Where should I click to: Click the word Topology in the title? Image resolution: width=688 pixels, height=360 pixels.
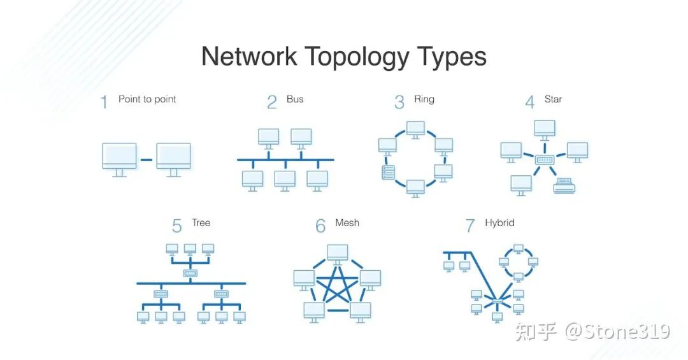click(357, 57)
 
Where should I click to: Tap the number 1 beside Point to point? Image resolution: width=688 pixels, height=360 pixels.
click(105, 102)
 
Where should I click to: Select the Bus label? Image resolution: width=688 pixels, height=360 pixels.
click(295, 99)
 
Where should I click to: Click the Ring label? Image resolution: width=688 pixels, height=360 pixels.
click(424, 99)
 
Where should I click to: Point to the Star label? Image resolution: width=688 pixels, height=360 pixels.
click(553, 99)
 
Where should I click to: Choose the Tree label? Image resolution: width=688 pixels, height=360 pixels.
click(201, 223)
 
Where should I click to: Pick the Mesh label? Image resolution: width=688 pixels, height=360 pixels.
click(347, 223)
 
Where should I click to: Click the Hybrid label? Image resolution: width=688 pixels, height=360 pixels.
click(499, 223)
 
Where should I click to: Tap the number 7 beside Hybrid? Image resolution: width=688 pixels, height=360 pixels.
click(470, 226)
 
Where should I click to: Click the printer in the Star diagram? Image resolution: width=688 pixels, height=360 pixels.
click(564, 185)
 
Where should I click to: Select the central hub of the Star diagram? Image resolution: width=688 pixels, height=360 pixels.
click(545, 161)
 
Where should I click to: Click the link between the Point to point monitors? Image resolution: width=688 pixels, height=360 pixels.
click(147, 159)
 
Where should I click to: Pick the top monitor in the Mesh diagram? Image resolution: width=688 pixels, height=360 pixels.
click(338, 253)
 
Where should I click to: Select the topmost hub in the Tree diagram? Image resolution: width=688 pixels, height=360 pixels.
click(190, 273)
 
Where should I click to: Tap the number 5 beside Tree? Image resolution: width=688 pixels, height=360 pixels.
click(177, 226)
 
